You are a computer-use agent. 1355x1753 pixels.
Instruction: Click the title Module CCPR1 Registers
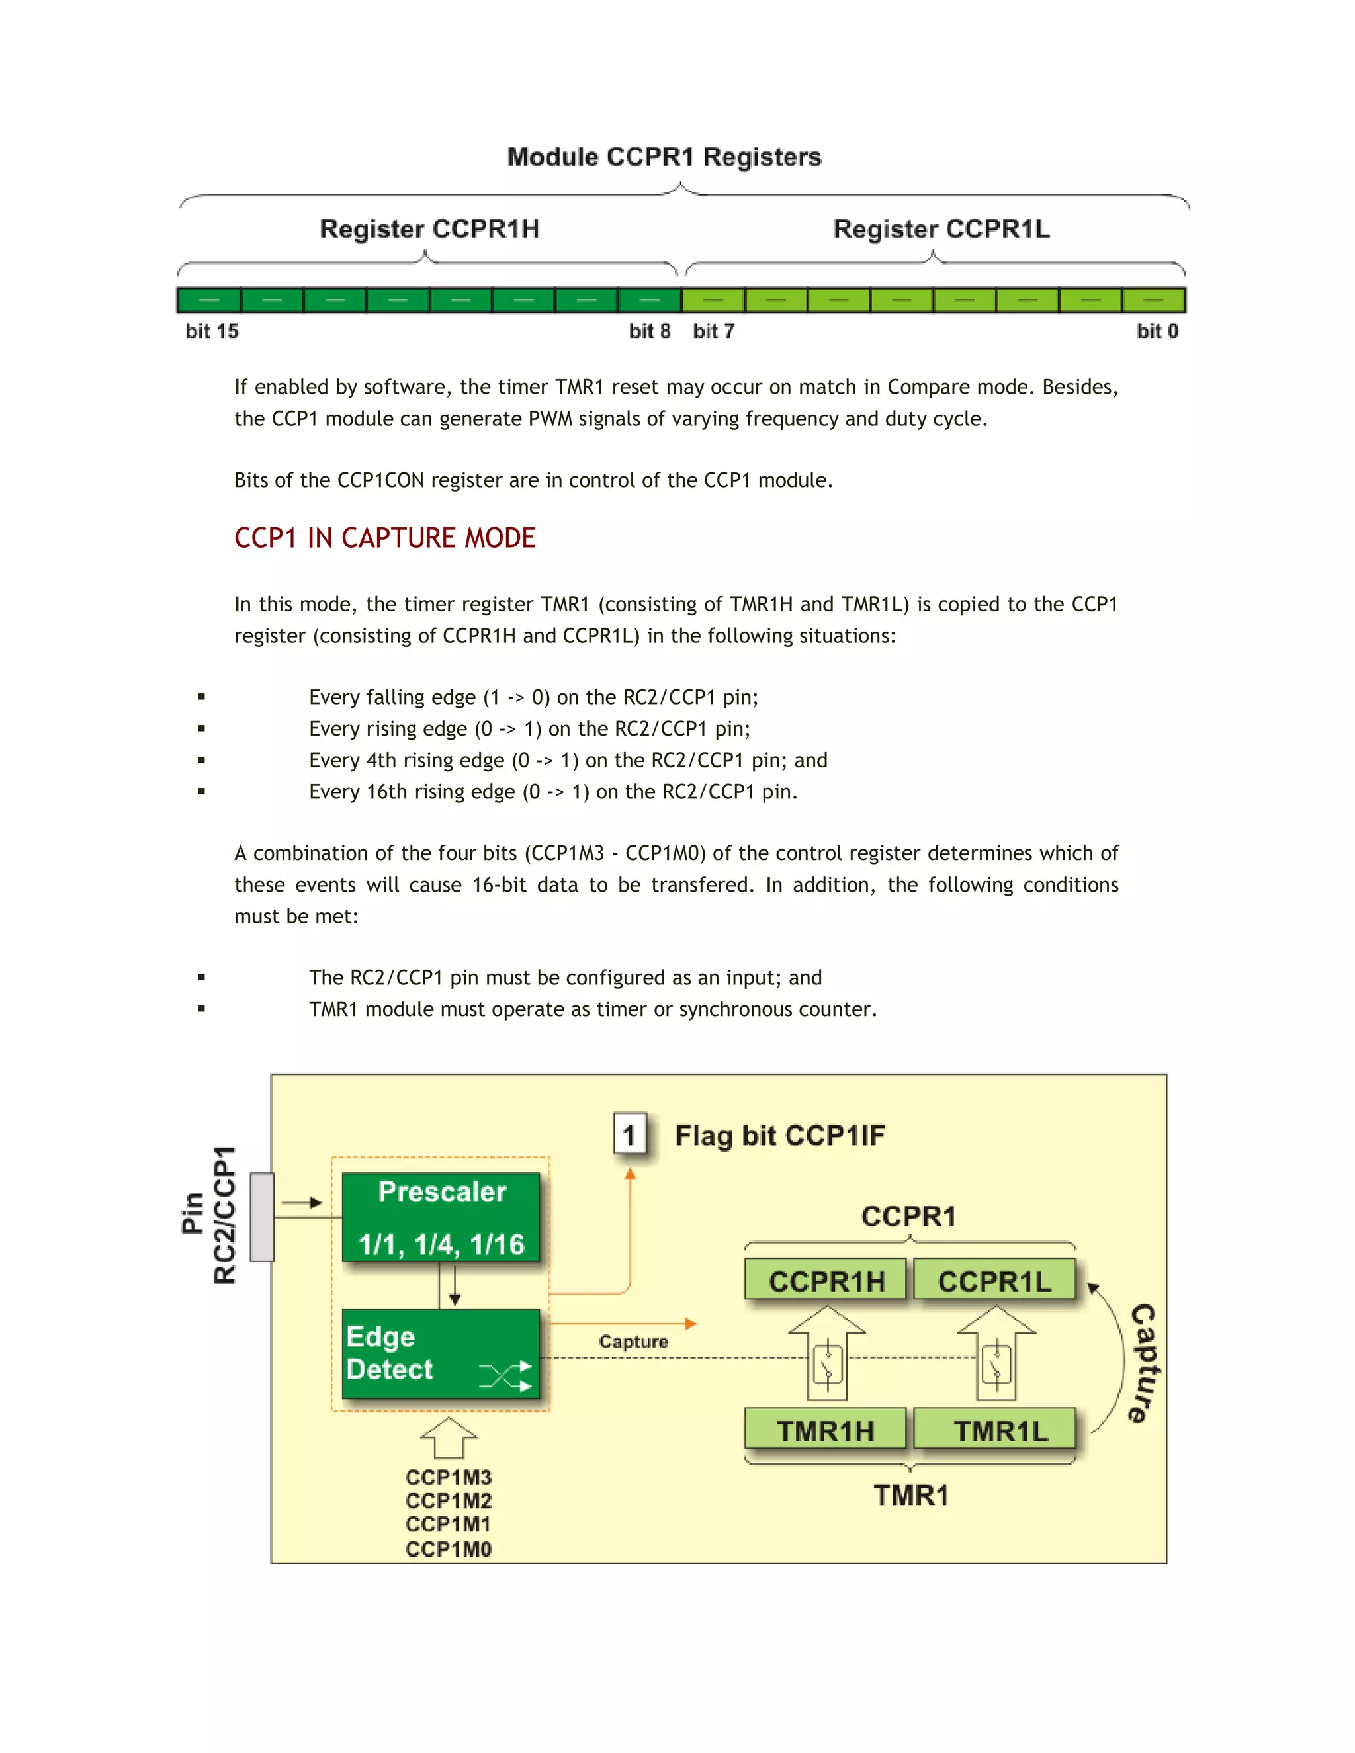tap(664, 157)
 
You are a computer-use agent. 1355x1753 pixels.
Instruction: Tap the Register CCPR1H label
tap(429, 229)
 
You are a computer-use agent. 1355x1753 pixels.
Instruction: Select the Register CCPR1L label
tap(941, 229)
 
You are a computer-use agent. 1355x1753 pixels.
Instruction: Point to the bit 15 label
tap(212, 331)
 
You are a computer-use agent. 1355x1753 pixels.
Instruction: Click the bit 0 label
tap(1157, 331)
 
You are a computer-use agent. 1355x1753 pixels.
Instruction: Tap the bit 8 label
tap(648, 331)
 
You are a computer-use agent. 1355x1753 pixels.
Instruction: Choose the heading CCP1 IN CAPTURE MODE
tap(384, 538)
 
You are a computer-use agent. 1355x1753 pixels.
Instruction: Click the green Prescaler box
tap(441, 1217)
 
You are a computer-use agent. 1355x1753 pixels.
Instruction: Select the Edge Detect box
tap(441, 1354)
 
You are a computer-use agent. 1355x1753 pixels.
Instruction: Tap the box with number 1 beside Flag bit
tap(630, 1134)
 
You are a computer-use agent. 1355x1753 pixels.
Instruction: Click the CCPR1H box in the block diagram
tap(826, 1281)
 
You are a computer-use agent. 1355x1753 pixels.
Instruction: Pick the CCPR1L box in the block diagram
tap(994, 1281)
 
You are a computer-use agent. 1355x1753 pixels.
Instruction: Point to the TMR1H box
tap(825, 1430)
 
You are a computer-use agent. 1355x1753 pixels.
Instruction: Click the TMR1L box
tap(1000, 1430)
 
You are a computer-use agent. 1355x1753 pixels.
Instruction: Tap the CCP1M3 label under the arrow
tap(448, 1477)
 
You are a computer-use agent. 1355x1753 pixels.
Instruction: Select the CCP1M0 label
tap(448, 1549)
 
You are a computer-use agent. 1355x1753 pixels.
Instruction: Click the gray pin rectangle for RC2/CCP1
tap(263, 1217)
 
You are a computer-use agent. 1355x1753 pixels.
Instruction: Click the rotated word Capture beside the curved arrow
tap(1143, 1363)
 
